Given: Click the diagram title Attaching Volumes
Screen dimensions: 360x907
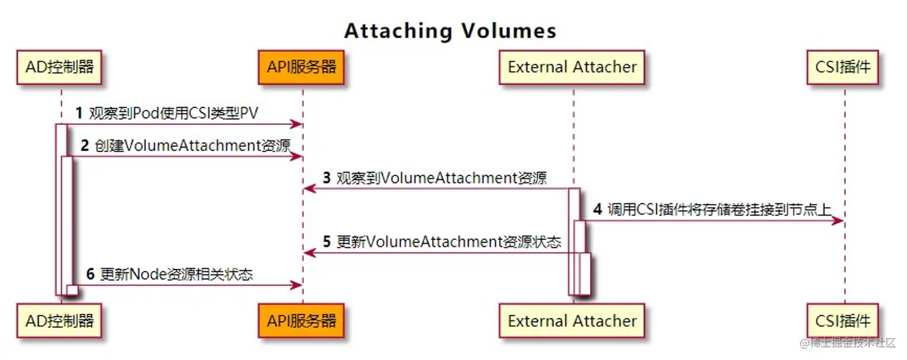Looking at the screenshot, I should click(450, 31).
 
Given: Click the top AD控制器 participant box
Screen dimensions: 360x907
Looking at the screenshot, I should click(60, 67).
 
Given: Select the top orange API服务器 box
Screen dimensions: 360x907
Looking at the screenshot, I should click(302, 67).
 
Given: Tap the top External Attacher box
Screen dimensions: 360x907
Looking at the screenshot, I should click(572, 67).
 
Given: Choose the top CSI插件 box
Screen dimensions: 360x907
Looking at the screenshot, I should click(843, 67).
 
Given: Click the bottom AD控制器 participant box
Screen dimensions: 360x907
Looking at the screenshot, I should click(60, 320).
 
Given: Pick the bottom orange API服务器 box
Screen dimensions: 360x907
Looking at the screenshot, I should click(302, 320).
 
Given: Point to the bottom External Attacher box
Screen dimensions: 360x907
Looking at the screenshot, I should click(572, 320).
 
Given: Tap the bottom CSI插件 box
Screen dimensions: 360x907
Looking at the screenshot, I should click(843, 320).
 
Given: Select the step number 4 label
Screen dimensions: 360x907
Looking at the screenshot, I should click(597, 209).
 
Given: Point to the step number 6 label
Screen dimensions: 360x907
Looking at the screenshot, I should click(91, 274).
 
